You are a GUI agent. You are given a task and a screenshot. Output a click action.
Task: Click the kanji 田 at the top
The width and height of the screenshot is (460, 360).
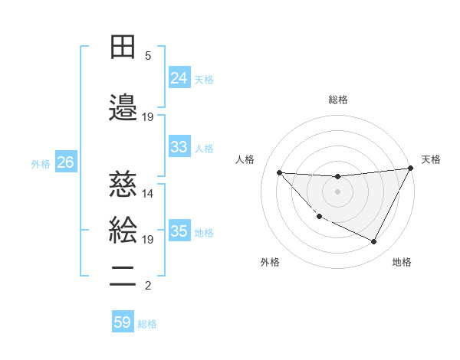click(x=123, y=47)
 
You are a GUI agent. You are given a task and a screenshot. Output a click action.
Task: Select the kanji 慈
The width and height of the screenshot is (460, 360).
click(x=123, y=185)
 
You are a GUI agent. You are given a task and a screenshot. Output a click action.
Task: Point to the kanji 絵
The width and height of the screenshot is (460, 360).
click(x=123, y=231)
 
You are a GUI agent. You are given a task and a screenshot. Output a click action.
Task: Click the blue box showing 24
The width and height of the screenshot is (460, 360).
click(x=179, y=78)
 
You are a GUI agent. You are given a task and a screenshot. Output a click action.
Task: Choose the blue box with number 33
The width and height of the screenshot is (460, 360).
click(x=179, y=147)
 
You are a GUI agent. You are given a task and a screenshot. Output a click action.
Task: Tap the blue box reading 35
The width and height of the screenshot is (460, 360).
click(x=179, y=231)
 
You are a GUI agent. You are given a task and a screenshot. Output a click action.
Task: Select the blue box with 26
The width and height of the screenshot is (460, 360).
click(x=66, y=162)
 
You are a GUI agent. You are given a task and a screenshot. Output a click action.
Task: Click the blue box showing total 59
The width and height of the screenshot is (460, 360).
click(x=123, y=322)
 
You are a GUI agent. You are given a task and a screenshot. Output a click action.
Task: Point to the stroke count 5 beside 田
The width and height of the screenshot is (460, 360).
click(x=148, y=56)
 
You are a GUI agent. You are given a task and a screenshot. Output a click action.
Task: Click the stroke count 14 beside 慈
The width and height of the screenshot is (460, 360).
click(x=148, y=194)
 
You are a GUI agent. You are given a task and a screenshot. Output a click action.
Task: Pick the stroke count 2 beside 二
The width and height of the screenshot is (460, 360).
click(x=148, y=286)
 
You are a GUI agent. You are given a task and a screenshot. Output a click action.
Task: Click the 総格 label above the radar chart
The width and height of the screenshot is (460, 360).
click(x=338, y=100)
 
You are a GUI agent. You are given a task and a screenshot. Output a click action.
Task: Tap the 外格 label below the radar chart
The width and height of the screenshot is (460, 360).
click(x=269, y=262)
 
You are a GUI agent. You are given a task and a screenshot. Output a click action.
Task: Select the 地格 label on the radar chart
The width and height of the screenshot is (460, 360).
click(x=402, y=262)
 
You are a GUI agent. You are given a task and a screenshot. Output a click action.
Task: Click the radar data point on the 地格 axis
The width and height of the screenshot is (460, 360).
click(x=374, y=242)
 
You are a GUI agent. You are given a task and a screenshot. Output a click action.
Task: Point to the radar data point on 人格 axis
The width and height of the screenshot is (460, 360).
click(x=279, y=172)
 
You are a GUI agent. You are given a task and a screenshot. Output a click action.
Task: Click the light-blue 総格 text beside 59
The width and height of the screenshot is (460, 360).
click(x=147, y=323)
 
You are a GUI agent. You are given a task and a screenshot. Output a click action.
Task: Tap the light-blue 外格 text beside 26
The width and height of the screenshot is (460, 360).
click(x=41, y=163)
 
